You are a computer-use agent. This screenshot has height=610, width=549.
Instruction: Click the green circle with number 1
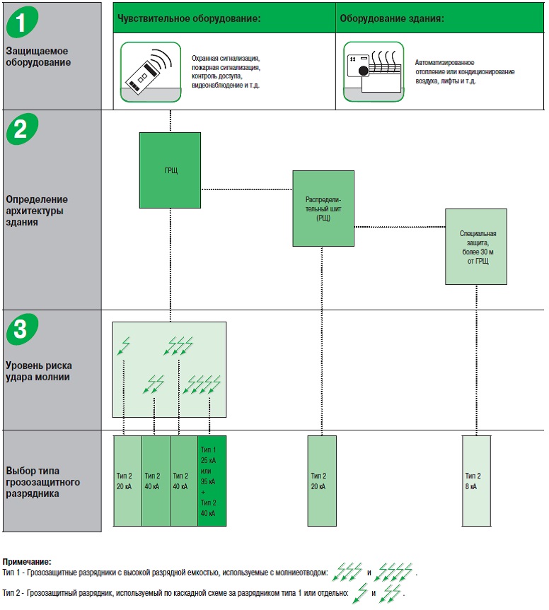pyautogui.click(x=22, y=21)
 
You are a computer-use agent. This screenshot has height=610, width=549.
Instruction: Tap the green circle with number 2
pyautogui.click(x=22, y=129)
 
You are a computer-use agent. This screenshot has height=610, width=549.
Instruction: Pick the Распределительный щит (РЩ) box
pyautogui.click(x=323, y=208)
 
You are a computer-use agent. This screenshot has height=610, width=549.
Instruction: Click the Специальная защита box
pyautogui.click(x=475, y=247)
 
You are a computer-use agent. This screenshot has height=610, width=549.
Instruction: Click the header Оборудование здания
pyautogui.click(x=392, y=18)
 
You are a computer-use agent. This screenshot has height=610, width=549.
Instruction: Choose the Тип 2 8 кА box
pyautogui.click(x=475, y=481)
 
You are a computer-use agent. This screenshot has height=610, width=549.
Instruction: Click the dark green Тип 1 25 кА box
pyautogui.click(x=212, y=481)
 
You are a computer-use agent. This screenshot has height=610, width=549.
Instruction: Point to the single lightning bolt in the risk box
pyautogui.click(x=125, y=346)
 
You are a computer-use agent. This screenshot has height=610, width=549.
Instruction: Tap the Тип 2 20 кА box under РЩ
pyautogui.click(x=322, y=481)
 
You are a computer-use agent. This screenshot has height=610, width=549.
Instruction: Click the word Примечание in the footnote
pyautogui.click(x=27, y=561)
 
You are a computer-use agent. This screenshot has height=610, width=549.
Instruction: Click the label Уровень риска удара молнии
pyautogui.click(x=38, y=371)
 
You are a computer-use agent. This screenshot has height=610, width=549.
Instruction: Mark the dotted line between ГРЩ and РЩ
pyautogui.click(x=247, y=189)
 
